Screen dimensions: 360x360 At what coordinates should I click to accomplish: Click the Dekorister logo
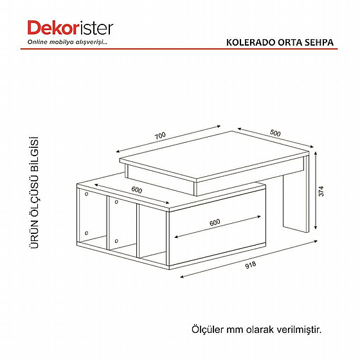70,28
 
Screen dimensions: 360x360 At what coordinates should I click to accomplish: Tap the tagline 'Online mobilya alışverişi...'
67,42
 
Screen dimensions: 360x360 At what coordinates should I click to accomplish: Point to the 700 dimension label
160,136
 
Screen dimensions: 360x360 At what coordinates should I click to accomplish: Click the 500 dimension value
275,132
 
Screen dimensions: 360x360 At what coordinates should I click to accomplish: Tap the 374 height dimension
321,192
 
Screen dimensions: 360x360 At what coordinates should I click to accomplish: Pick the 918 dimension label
251,265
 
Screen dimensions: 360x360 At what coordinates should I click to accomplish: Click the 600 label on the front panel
215,222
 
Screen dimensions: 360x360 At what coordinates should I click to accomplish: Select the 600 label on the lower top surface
137,190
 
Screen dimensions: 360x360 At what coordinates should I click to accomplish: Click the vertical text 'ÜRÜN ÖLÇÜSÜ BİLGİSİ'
34,192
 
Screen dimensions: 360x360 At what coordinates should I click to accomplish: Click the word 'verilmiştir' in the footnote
299,329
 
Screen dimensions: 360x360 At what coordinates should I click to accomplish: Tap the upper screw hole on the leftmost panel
87,194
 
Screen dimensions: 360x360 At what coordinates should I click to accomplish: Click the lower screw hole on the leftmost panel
87,233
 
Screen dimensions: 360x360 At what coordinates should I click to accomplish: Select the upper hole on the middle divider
116,202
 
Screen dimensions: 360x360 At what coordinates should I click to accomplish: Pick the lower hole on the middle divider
116,241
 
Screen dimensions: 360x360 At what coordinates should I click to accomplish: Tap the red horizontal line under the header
179,49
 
